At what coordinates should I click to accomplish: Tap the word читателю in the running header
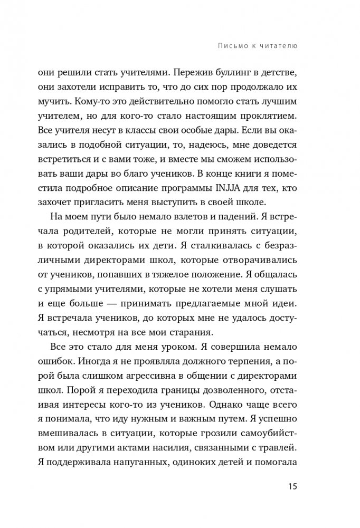pyautogui.click(x=279, y=46)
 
